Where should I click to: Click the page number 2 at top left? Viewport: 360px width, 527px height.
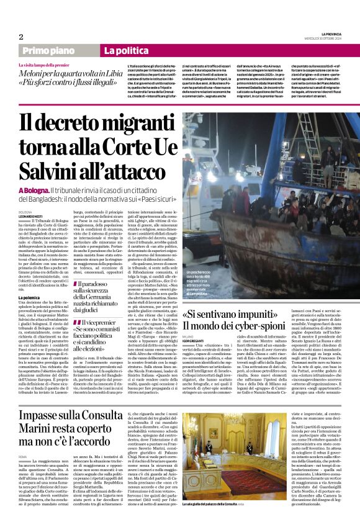pyautogui.click(x=21, y=37)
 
